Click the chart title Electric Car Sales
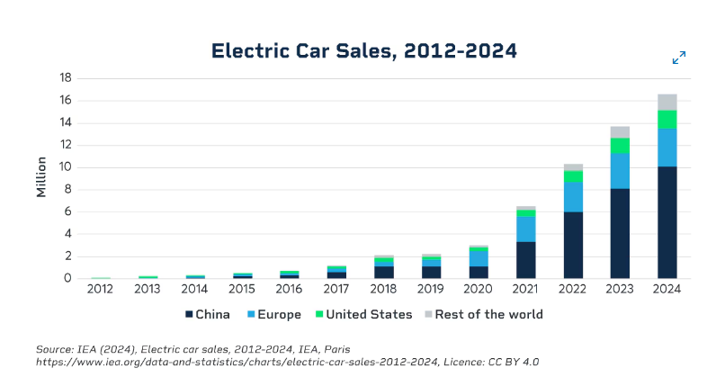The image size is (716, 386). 364,51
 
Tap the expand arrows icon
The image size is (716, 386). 679,58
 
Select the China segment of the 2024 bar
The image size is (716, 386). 667,221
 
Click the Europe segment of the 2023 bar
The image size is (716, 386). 620,171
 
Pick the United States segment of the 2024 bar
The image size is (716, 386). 667,120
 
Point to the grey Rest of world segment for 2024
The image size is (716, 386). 667,102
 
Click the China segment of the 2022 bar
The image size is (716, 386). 573,245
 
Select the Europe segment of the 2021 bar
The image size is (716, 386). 526,229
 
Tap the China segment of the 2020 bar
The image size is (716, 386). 479,272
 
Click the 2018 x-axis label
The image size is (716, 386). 384,290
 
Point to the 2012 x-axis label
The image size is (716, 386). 101,290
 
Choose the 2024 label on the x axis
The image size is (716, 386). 667,290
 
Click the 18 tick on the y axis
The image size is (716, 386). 66,78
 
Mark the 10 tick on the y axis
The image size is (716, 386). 66,167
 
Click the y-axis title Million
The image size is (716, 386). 40,177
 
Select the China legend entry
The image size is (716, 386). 208,315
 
